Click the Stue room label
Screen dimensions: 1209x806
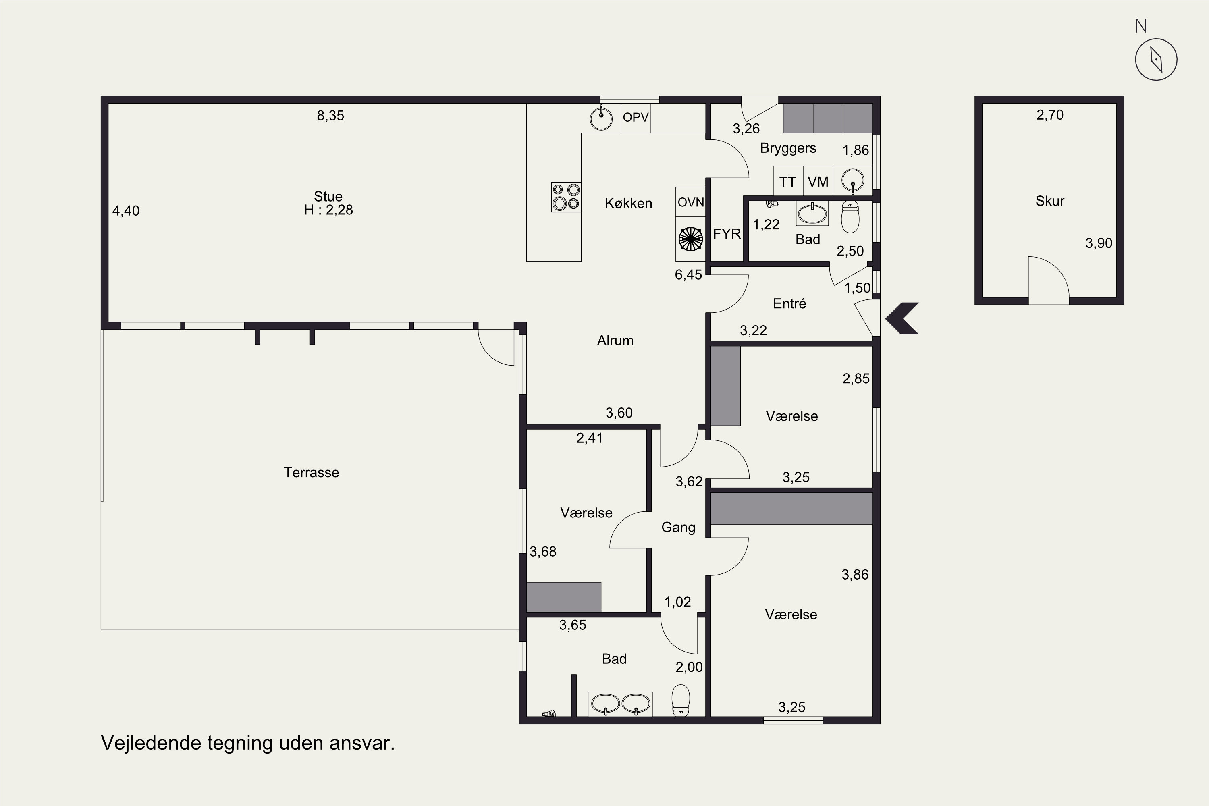328,196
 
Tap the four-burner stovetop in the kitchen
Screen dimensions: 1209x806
566,197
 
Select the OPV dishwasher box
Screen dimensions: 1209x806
636,118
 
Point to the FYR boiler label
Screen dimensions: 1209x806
727,234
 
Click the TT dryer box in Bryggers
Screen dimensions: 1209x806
788,181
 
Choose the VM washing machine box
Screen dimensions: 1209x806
818,181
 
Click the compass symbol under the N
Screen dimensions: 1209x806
1156,59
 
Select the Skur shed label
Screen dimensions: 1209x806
1050,201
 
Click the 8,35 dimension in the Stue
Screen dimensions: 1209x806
330,116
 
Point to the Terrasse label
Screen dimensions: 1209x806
312,472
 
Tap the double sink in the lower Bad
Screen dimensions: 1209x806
621,704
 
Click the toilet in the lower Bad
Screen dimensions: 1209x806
681,700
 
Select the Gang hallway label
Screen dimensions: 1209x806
678,528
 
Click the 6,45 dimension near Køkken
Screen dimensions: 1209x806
688,275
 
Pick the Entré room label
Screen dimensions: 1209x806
789,303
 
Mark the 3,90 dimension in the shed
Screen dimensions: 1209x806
1099,243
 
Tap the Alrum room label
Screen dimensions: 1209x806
615,340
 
